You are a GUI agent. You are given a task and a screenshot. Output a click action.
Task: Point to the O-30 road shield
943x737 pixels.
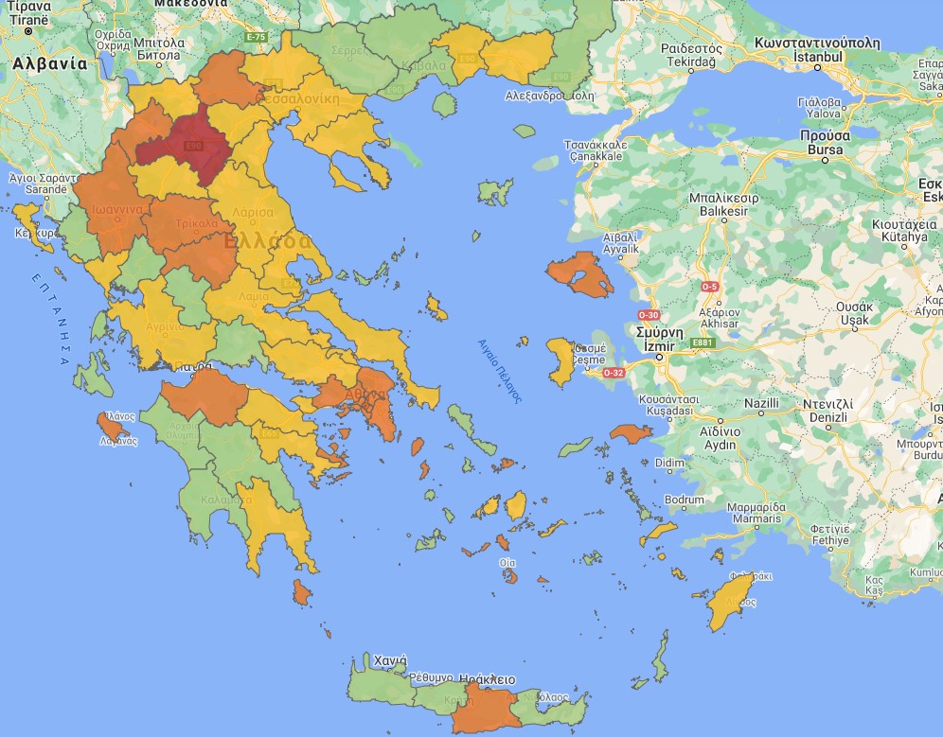[649, 314]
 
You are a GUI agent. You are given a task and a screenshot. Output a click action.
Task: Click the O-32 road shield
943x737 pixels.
[614, 372]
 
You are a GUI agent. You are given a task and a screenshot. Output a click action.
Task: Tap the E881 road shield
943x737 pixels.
[702, 342]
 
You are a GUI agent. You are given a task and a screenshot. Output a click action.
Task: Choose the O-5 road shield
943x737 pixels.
[709, 286]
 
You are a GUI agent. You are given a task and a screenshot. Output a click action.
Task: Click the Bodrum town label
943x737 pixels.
[685, 500]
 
